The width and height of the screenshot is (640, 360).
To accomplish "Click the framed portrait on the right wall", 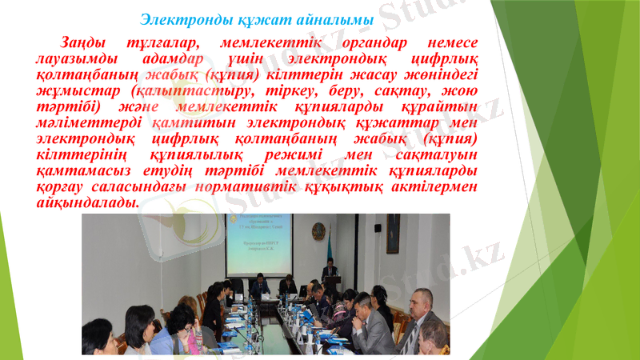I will tap(393, 233).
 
